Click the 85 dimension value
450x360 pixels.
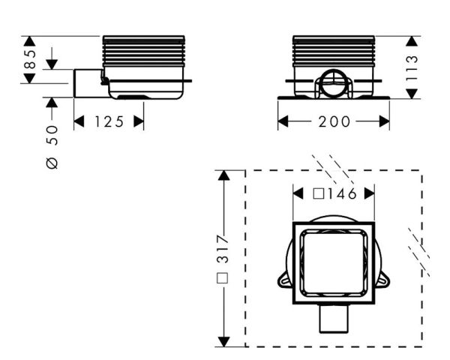(x=30, y=59)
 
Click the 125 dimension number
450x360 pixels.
(x=109, y=121)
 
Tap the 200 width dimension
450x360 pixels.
(x=334, y=121)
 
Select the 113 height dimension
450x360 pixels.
(x=412, y=67)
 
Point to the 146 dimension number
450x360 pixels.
(x=342, y=194)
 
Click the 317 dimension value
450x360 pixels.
(x=223, y=249)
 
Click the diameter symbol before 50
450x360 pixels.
(x=52, y=163)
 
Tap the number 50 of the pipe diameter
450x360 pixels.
(x=52, y=136)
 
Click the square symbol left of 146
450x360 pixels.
(x=319, y=194)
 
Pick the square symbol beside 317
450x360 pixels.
(x=223, y=278)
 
